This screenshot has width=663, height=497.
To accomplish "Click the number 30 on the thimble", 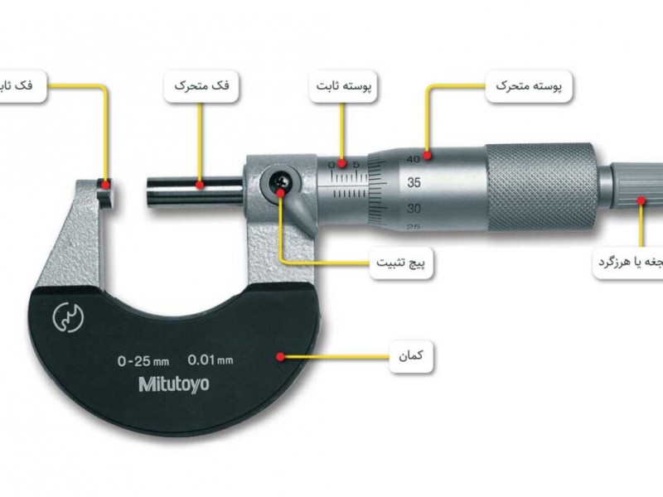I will click(x=416, y=208).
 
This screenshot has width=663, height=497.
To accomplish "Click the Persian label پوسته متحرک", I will click(x=522, y=85).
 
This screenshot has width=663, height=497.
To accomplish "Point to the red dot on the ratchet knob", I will click(x=642, y=199).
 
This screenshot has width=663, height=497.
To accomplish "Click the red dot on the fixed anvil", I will click(x=105, y=184).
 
